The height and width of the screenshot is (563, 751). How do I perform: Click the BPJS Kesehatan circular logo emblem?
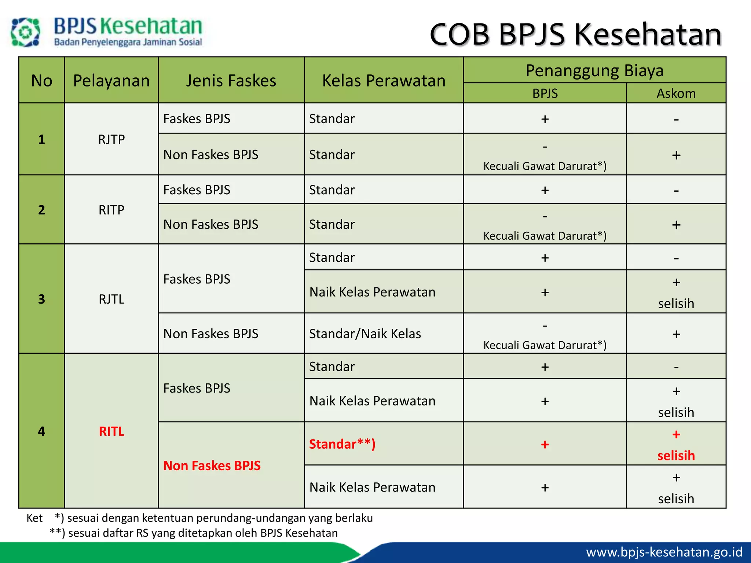pyautogui.click(x=25, y=32)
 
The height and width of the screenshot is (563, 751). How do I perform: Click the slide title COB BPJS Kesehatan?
pyautogui.click(x=575, y=34)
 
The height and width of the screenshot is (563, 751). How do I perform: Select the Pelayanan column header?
pyautogui.click(x=111, y=81)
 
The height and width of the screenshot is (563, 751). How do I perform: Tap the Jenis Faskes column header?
pyautogui.click(x=231, y=81)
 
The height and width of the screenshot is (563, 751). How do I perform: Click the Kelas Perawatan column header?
pyautogui.click(x=384, y=81)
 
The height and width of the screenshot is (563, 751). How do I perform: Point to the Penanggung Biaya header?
pyautogui.click(x=594, y=70)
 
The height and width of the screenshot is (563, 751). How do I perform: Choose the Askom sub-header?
pyautogui.click(x=676, y=93)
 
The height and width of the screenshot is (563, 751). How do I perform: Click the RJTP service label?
pyautogui.click(x=111, y=139)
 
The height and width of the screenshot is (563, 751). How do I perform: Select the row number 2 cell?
pyautogui.click(x=41, y=210)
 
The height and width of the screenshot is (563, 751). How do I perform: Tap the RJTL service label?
pyautogui.click(x=111, y=299)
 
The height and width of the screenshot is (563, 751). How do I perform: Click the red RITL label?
pyautogui.click(x=111, y=431)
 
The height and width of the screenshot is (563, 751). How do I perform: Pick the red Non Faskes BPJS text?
pyautogui.click(x=212, y=466)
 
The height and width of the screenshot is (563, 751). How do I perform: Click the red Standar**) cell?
pyautogui.click(x=342, y=444)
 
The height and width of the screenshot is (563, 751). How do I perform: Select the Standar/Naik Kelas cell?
pyautogui.click(x=365, y=334)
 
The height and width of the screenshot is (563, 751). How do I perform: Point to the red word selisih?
pyautogui.click(x=676, y=456)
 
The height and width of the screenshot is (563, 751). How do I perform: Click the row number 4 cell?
pyautogui.click(x=41, y=431)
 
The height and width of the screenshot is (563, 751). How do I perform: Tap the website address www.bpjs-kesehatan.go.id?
pyautogui.click(x=664, y=552)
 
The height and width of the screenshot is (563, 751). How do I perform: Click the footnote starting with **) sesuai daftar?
pyautogui.click(x=194, y=533)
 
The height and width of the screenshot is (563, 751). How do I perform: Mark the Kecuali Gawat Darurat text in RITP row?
pyautogui.click(x=545, y=236)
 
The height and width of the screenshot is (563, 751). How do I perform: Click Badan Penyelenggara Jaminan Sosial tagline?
pyautogui.click(x=128, y=42)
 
